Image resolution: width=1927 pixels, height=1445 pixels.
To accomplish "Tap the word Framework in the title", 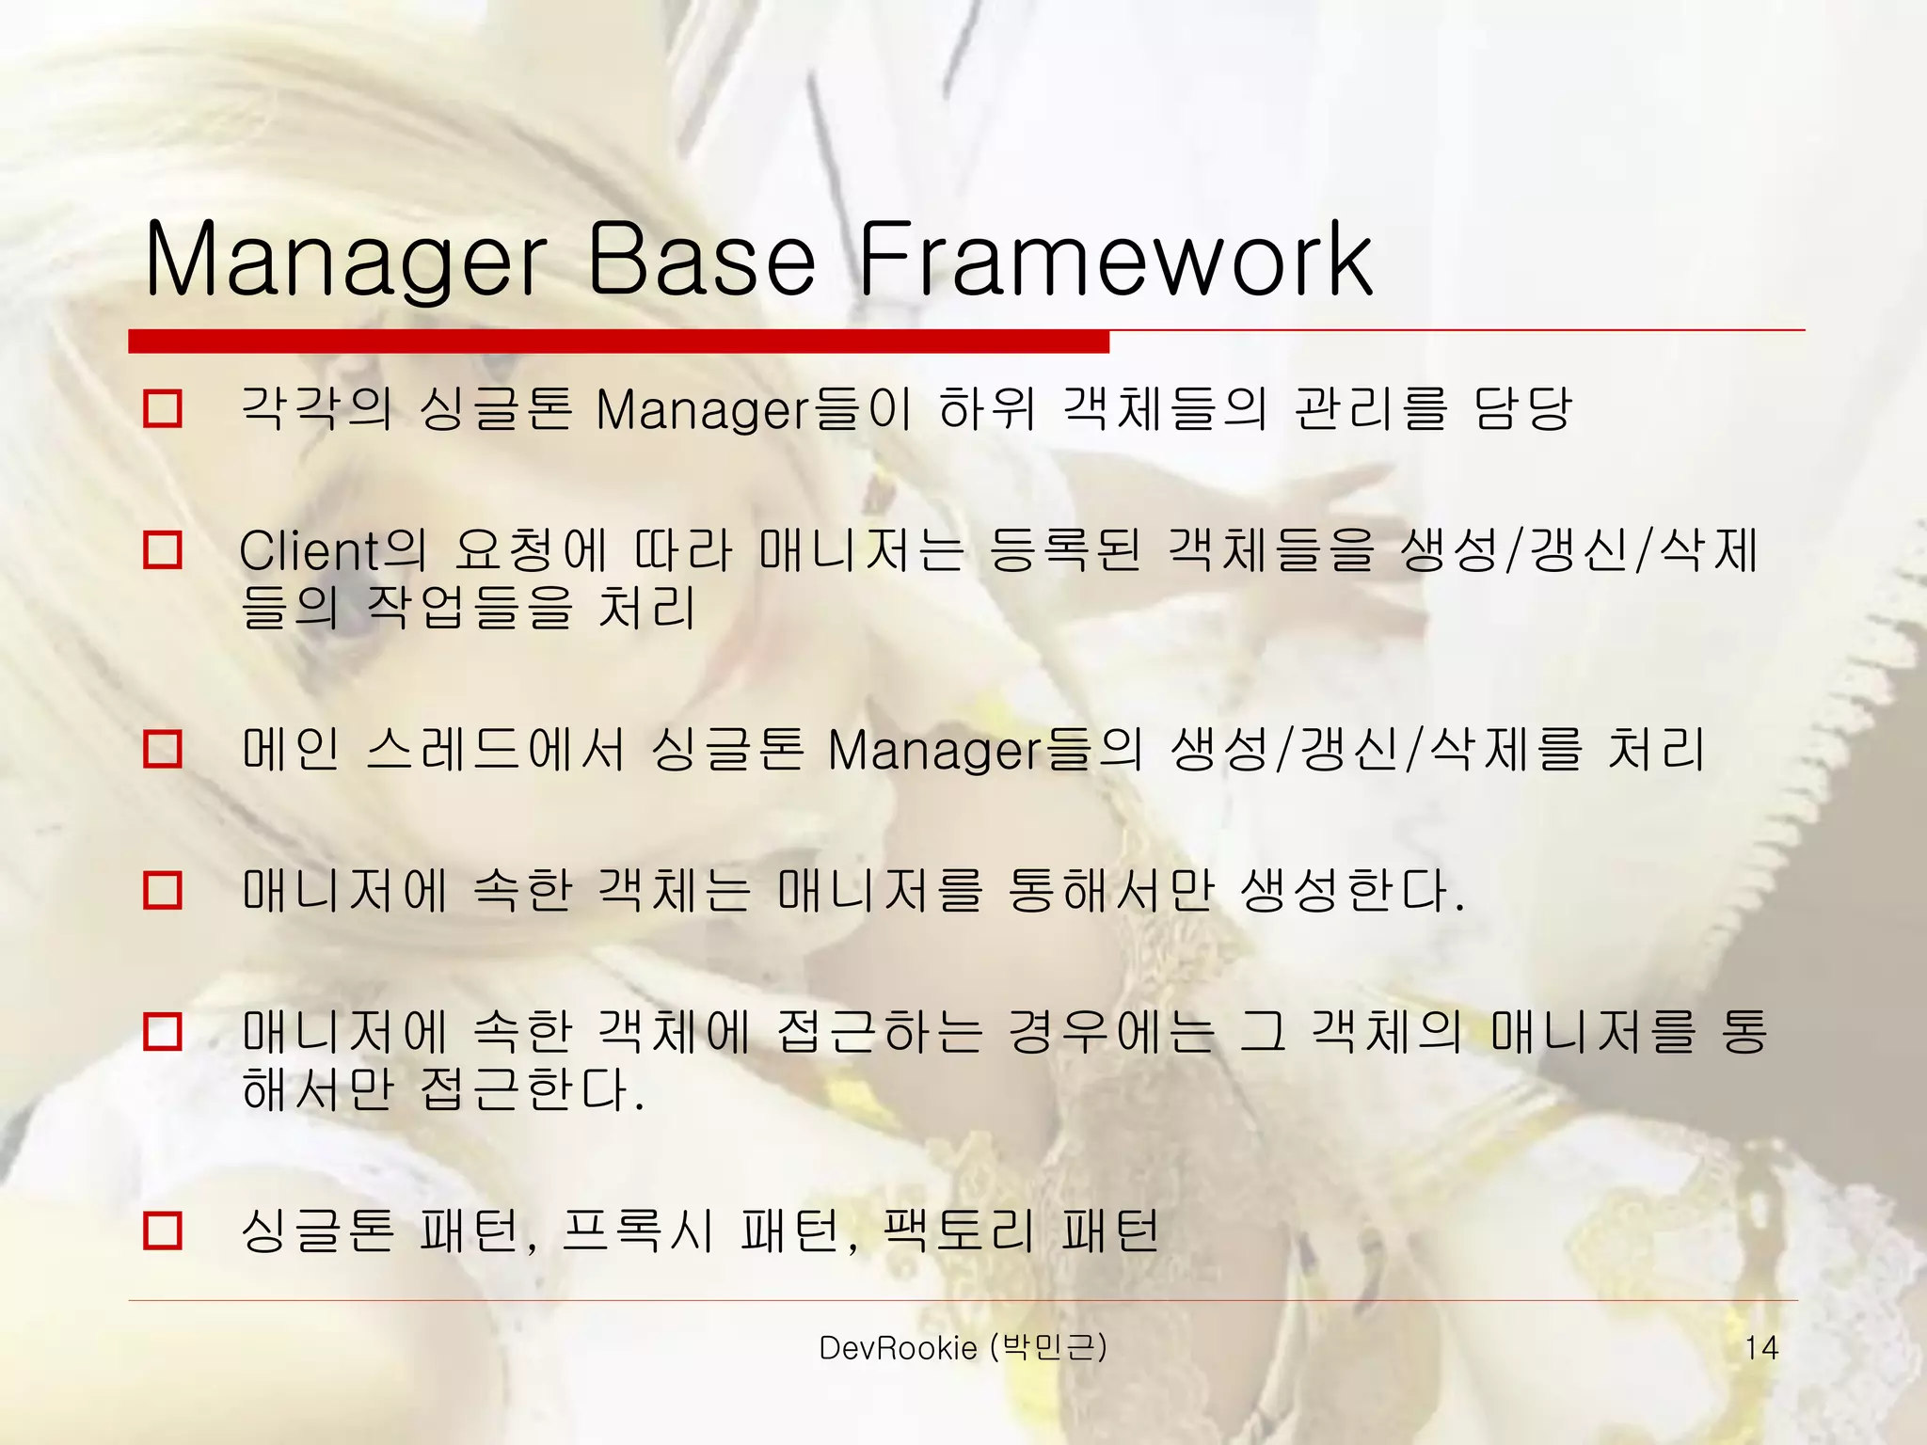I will pos(1115,259).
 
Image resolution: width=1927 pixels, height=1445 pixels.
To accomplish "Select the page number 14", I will pos(1760,1348).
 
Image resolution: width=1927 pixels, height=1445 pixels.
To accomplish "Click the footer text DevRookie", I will pos(898,1348).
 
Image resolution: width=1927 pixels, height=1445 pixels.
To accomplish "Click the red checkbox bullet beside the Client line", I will pos(163,549).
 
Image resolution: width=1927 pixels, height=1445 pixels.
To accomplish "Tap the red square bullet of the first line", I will pos(163,409).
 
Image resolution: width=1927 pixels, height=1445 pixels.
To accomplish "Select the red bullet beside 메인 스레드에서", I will pos(163,750).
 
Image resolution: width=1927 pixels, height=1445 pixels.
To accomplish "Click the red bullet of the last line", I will pos(163,1231).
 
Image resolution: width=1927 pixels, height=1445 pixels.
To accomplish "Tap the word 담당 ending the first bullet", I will pos(1521,409).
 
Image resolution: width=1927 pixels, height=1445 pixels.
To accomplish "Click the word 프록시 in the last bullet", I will pos(638,1231).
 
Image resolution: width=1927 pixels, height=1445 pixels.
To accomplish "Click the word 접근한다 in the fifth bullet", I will pos(529,1089).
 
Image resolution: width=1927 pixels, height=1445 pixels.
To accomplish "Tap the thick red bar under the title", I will pos(618,341).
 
